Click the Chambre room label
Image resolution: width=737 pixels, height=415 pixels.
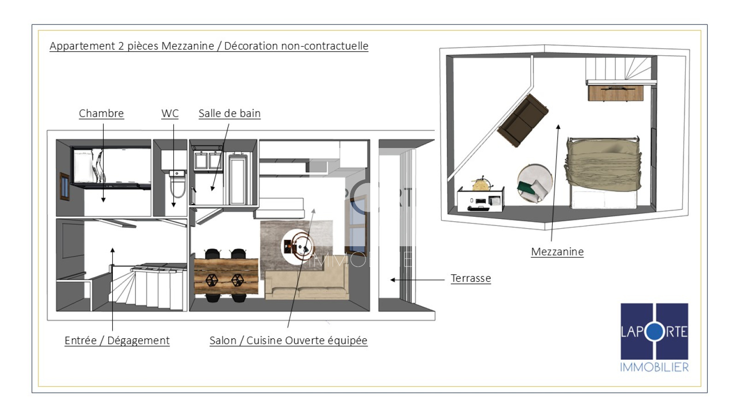click(x=101, y=113)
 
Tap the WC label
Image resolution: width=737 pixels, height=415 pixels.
click(x=170, y=113)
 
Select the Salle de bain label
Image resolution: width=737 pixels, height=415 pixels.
click(x=230, y=113)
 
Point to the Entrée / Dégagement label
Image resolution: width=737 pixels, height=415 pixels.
click(x=117, y=340)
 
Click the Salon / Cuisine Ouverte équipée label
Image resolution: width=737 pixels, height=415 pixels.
click(x=288, y=340)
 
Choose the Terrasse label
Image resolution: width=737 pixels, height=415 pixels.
click(x=471, y=279)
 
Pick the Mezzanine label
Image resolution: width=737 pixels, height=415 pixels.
click(x=557, y=252)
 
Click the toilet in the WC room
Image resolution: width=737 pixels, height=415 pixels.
click(x=178, y=184)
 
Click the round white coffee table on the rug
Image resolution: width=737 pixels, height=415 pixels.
click(x=297, y=246)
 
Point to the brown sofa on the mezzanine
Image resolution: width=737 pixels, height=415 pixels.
click(x=522, y=120)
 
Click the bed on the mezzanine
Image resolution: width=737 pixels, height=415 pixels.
click(x=603, y=172)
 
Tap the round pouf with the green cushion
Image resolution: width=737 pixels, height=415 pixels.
click(x=535, y=183)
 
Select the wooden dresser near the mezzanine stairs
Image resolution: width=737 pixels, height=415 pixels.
click(x=615, y=93)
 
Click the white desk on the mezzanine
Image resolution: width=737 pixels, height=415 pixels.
click(x=480, y=199)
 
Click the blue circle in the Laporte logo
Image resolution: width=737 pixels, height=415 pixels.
click(x=655, y=332)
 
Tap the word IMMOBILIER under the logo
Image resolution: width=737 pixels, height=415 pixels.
click(x=654, y=367)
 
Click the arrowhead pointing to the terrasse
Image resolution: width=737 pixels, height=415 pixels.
click(x=392, y=280)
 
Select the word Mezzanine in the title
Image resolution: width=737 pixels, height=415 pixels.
click(x=187, y=46)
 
